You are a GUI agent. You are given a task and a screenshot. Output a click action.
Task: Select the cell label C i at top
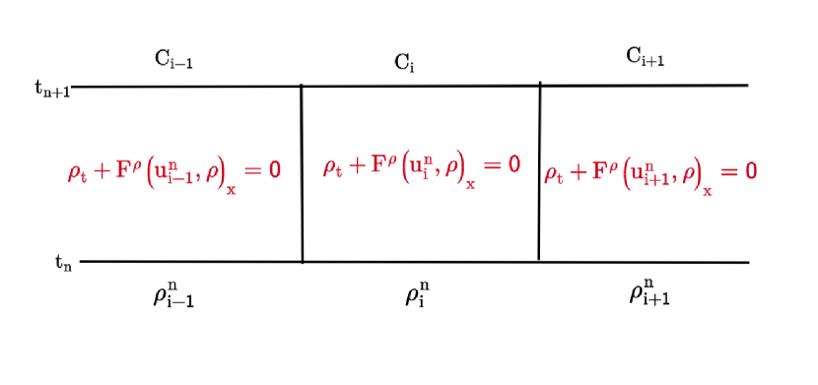click(x=404, y=63)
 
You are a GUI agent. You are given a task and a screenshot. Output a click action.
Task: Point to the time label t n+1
click(x=51, y=88)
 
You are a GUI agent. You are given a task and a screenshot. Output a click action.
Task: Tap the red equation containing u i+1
click(x=650, y=171)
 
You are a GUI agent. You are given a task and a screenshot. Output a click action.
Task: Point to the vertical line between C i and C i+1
click(x=539, y=172)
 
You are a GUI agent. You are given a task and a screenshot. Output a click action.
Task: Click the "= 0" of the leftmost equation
click(x=262, y=169)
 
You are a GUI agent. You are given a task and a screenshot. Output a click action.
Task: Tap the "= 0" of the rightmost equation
click(x=738, y=170)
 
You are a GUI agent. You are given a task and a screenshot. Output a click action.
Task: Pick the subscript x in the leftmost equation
click(x=232, y=190)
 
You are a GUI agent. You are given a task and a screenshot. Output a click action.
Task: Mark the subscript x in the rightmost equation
click(x=707, y=191)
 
